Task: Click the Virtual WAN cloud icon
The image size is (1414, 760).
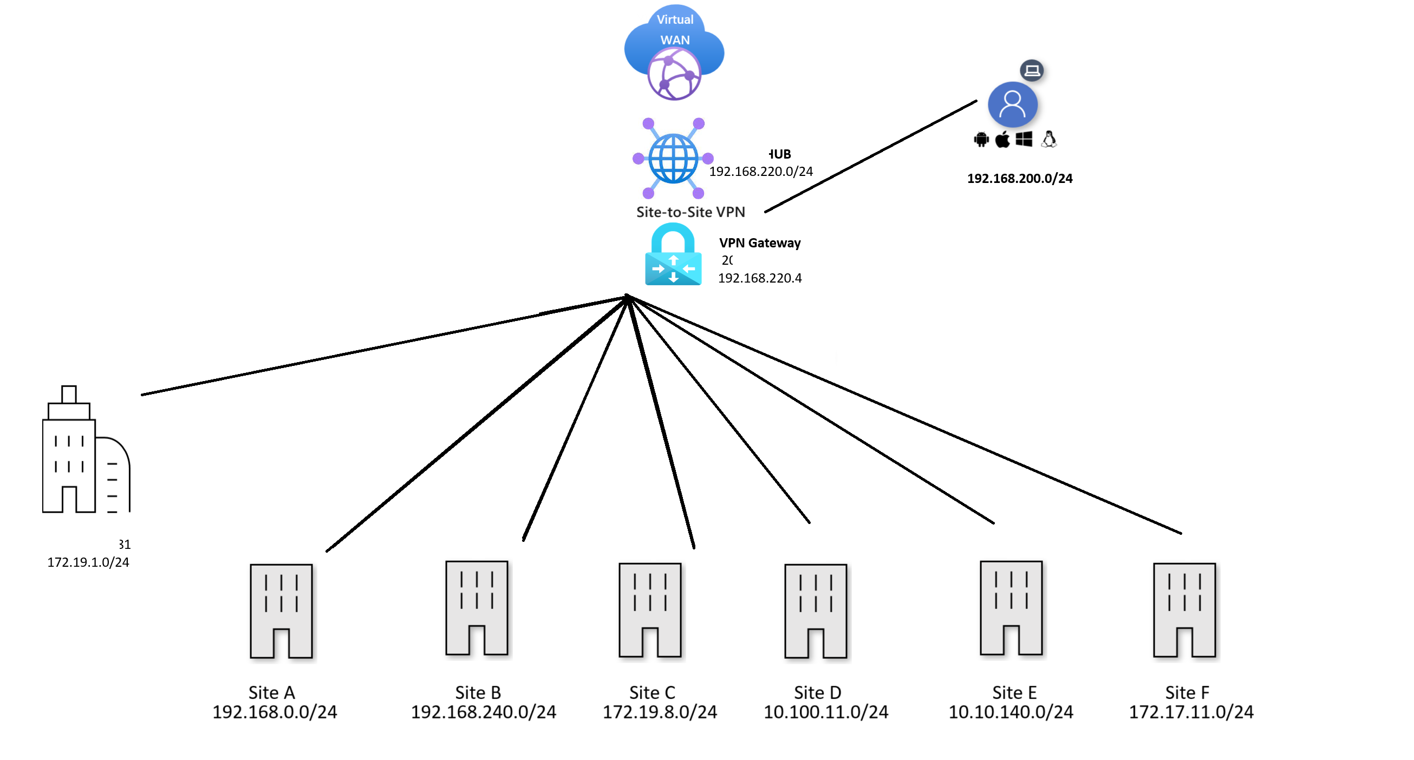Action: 674,53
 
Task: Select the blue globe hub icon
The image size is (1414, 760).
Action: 673,159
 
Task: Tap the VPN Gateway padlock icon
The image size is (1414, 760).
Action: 673,255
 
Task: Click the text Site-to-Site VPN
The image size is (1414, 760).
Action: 690,212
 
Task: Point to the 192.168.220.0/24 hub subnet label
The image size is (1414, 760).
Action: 761,172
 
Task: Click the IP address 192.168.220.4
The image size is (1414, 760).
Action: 760,278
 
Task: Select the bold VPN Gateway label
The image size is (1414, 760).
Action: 760,243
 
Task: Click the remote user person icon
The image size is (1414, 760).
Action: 1012,104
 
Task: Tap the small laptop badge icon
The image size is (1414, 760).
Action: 1032,70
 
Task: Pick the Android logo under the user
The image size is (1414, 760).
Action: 981,140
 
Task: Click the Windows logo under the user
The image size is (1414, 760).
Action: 1024,139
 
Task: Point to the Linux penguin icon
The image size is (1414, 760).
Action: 1049,139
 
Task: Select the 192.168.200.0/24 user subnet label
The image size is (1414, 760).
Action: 1019,178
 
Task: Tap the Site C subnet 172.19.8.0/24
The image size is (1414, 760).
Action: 660,712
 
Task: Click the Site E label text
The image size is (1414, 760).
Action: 1014,692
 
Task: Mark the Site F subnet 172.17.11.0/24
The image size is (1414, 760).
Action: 1190,712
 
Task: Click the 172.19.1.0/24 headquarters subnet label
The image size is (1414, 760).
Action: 88,562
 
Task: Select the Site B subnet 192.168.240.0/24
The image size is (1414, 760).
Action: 484,712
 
